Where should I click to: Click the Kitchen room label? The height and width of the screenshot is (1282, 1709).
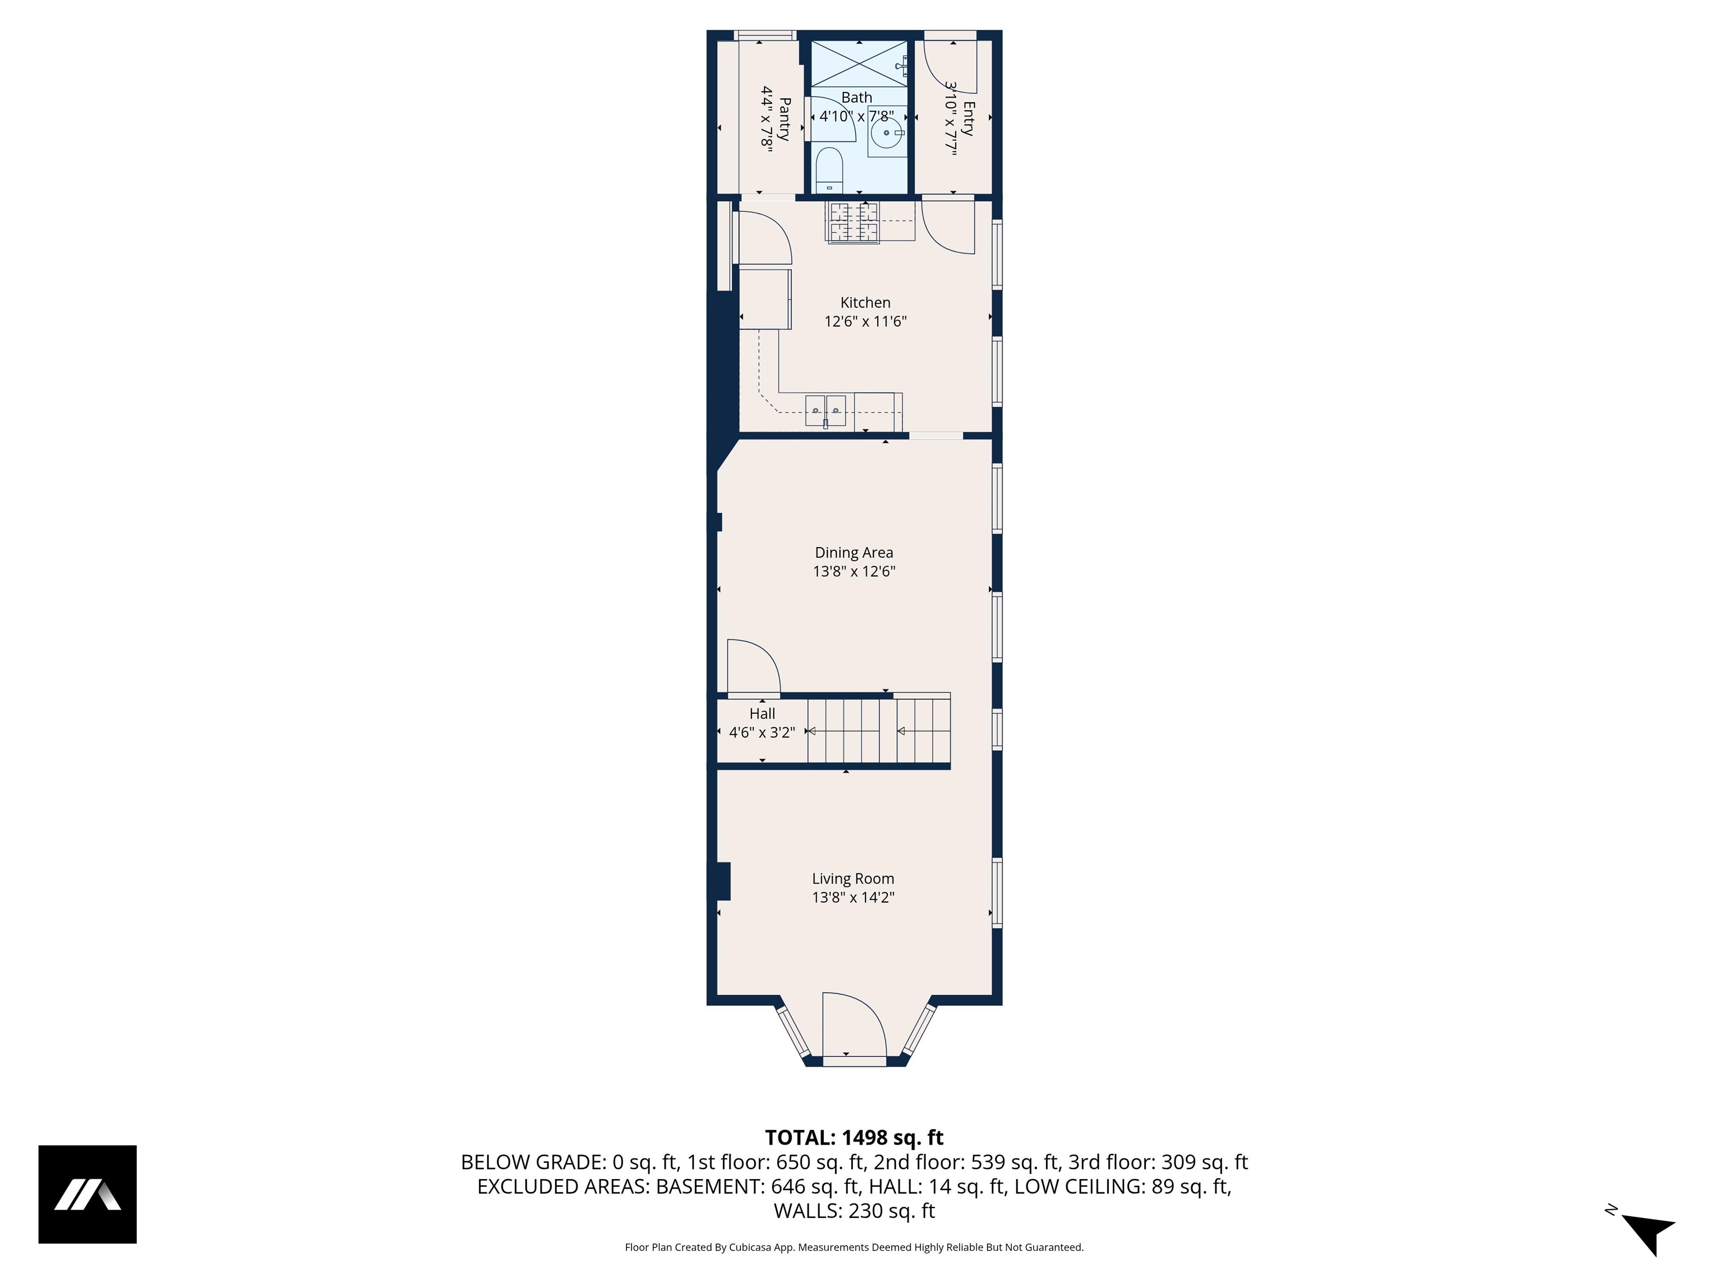pyautogui.click(x=865, y=302)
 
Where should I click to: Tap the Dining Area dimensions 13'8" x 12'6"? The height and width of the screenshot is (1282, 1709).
pyautogui.click(x=854, y=571)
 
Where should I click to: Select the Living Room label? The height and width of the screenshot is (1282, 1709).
pyautogui.click(x=853, y=879)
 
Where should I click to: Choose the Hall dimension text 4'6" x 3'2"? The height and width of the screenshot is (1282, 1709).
pyautogui.click(x=762, y=732)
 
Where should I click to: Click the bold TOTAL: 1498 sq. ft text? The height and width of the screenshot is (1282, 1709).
pyautogui.click(x=854, y=1137)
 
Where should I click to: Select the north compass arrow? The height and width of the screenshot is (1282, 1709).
pyautogui.click(x=1650, y=1234)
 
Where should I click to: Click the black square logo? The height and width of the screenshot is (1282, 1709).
pyautogui.click(x=87, y=1194)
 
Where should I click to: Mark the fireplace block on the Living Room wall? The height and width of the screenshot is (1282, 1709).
pyautogui.click(x=722, y=881)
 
